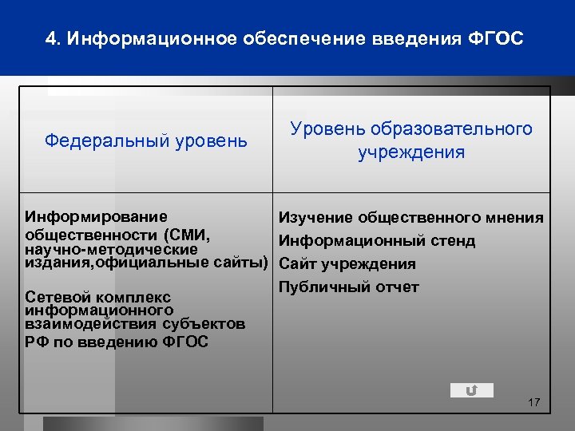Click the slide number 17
point(534,402)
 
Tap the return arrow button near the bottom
point(471,390)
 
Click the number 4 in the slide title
point(50,38)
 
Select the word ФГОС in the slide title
point(497,38)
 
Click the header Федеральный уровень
point(146,141)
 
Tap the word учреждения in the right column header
point(411,152)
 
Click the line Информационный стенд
point(376,240)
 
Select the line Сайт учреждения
point(347,264)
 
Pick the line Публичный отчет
point(348,287)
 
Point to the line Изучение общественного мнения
point(410,217)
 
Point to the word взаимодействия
point(83,323)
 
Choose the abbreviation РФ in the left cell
point(38,342)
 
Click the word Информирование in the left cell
point(97,216)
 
